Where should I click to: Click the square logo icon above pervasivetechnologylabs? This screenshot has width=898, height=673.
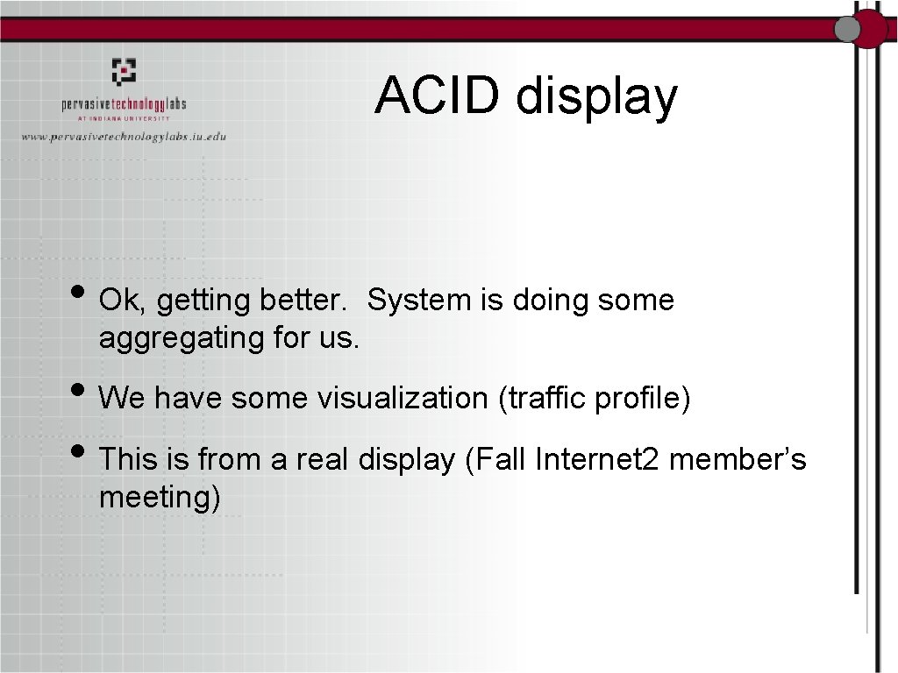pyautogui.click(x=124, y=71)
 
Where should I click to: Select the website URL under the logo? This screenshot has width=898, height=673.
pyautogui.click(x=124, y=137)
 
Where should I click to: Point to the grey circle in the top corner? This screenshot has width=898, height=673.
pyautogui.click(x=847, y=30)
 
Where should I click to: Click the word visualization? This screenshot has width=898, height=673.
pyautogui.click(x=401, y=399)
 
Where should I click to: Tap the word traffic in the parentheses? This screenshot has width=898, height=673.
pyautogui.click(x=544, y=399)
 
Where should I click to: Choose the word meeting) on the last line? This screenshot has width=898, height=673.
pyautogui.click(x=160, y=498)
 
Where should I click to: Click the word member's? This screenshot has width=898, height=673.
pyautogui.click(x=738, y=458)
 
